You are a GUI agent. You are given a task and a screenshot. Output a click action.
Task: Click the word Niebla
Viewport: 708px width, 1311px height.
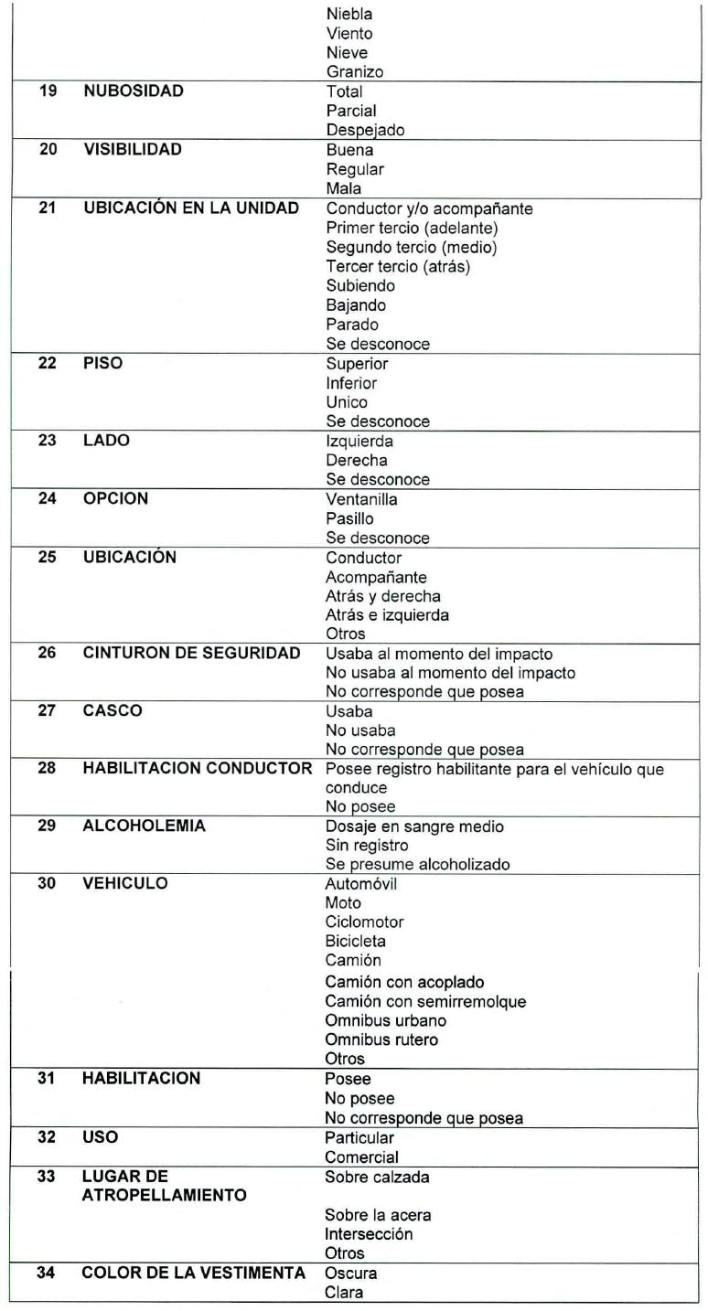point(349,15)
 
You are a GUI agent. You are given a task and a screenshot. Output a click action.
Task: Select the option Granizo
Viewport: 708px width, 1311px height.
point(355,72)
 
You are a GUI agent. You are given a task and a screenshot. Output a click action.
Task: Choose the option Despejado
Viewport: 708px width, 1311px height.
point(365,130)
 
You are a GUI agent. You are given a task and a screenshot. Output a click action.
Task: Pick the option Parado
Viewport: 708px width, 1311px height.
point(352,325)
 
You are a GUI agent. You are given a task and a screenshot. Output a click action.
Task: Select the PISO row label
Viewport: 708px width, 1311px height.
point(102,363)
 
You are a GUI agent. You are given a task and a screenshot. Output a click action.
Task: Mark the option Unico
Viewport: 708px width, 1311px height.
point(347,402)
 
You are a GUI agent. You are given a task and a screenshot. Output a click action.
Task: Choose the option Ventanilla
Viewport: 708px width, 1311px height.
point(361,499)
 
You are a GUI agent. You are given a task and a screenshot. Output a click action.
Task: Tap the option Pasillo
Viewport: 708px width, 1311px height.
point(349,518)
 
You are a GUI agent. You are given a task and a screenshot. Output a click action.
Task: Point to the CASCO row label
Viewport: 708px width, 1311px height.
point(113,710)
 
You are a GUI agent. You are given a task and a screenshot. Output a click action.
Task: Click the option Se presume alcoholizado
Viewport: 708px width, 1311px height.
point(417,865)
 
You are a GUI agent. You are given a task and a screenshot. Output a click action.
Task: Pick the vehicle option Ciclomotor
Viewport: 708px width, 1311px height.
point(364,922)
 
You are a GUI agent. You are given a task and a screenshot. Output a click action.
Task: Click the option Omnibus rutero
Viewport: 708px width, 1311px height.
point(381,1039)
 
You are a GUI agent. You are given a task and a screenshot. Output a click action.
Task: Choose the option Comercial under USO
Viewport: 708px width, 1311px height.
point(361,1157)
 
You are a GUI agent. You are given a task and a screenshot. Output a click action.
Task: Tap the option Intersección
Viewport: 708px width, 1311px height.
point(369,1234)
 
